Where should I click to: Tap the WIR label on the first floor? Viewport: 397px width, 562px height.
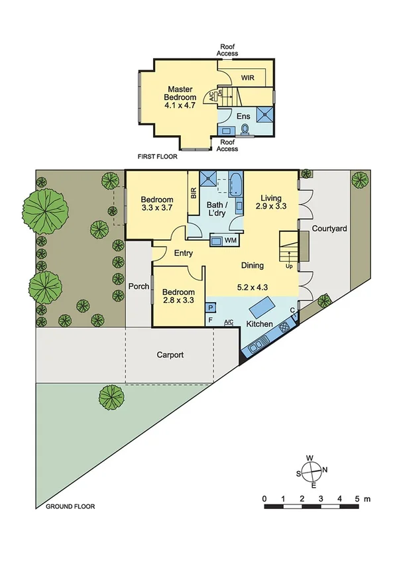[x=247, y=76]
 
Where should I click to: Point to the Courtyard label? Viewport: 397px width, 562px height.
[x=330, y=228]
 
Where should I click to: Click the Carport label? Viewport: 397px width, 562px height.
[x=170, y=355]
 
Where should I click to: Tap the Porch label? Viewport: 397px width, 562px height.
[x=138, y=287]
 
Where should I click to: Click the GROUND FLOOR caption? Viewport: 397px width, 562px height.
[x=70, y=506]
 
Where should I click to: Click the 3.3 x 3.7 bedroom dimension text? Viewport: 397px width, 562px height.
[x=156, y=207]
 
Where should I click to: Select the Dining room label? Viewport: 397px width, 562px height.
[x=252, y=265]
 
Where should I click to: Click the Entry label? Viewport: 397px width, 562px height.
[x=184, y=253]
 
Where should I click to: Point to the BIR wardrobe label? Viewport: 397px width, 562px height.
[x=194, y=193]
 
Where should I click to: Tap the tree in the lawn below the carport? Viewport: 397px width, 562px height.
[x=112, y=398]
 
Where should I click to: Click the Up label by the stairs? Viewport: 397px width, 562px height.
[x=288, y=266]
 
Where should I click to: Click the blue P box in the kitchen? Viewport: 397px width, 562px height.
[x=211, y=308]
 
